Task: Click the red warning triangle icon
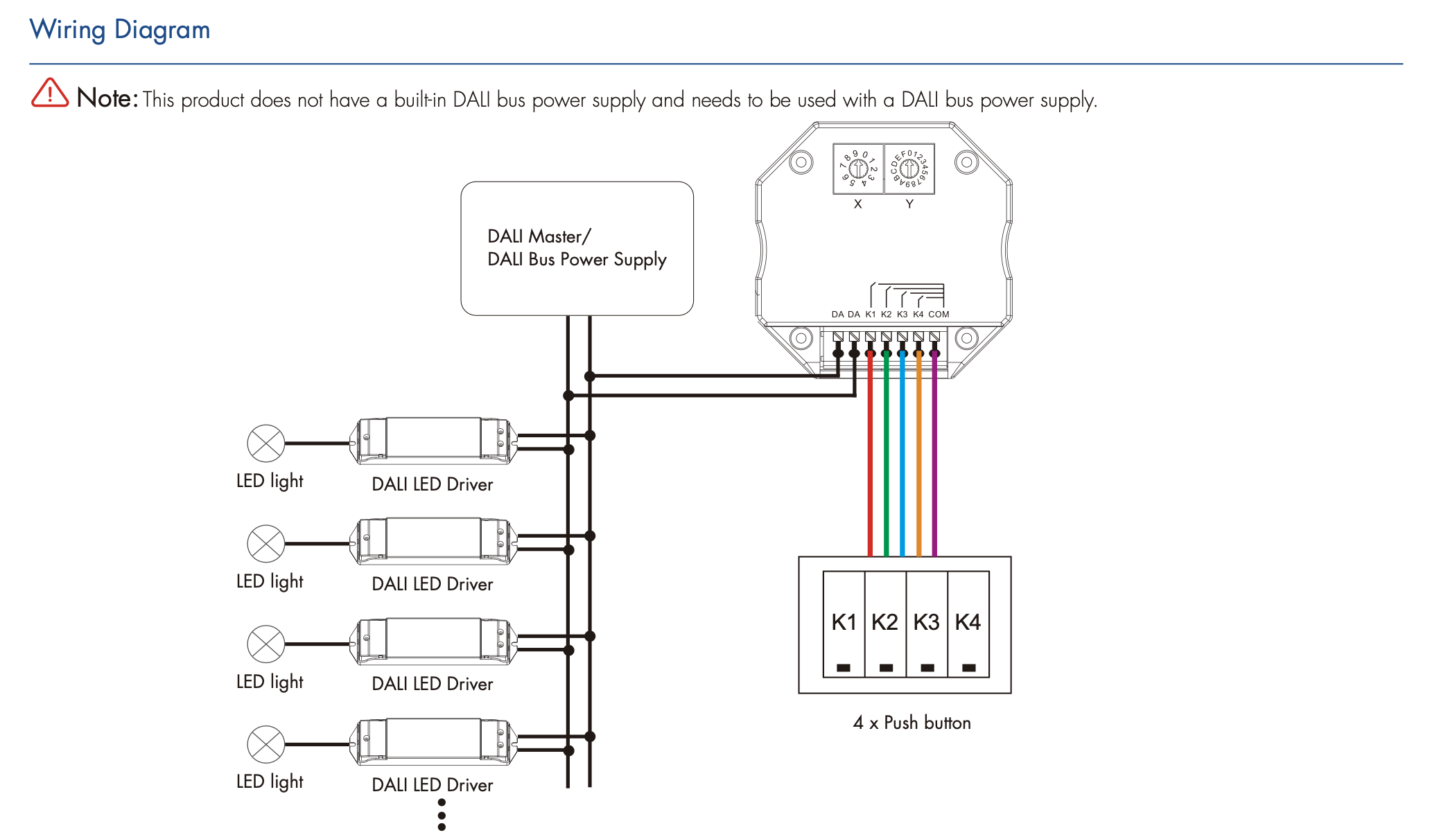pyautogui.click(x=50, y=94)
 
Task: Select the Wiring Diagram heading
pyautogui.click(x=119, y=30)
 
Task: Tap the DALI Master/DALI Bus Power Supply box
pyautogui.click(x=577, y=248)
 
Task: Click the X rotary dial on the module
pyautogui.click(x=858, y=168)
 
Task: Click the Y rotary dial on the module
pyautogui.click(x=909, y=168)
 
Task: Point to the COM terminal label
pyautogui.click(x=939, y=314)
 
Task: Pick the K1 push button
pyautogui.click(x=844, y=624)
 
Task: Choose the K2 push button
pyautogui.click(x=885, y=624)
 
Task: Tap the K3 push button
pyautogui.click(x=927, y=624)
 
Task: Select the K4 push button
pyautogui.click(x=968, y=624)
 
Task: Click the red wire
pyautogui.click(x=871, y=471)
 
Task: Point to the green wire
pyautogui.click(x=887, y=471)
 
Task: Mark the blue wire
pyautogui.click(x=902, y=471)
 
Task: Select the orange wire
pyautogui.click(x=919, y=471)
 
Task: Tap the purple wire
pyautogui.click(x=934, y=471)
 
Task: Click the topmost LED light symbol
pyautogui.click(x=266, y=443)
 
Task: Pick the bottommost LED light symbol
pyautogui.click(x=266, y=745)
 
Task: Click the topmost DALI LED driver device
pyautogui.click(x=433, y=440)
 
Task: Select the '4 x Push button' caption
pyautogui.click(x=912, y=723)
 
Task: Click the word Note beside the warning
pyautogui.click(x=107, y=98)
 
